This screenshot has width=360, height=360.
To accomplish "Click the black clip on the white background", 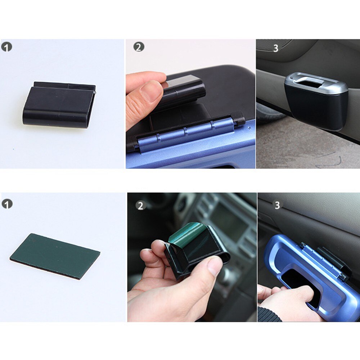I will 59,105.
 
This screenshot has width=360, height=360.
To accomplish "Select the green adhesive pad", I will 55,256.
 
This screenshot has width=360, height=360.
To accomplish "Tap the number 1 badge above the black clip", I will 6,47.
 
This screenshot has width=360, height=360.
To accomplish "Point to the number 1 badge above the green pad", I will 7,204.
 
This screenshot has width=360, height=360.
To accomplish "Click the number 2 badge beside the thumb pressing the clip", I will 139,47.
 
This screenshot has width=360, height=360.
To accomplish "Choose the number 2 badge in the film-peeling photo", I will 140,206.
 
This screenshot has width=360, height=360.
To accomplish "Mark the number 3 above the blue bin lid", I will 277,205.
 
